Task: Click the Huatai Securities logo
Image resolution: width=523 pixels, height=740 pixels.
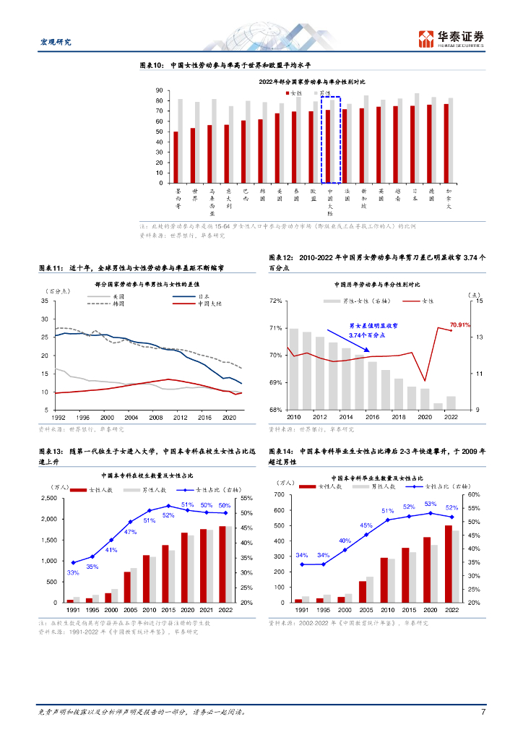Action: click(451, 38)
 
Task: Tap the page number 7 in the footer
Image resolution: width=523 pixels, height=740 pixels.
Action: click(483, 712)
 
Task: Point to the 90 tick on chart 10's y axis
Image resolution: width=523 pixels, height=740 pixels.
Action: click(158, 90)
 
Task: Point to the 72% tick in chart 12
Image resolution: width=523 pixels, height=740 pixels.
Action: click(275, 301)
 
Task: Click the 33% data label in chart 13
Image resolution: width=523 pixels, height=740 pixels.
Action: click(72, 572)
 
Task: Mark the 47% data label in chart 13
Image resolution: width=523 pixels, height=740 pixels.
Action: click(131, 532)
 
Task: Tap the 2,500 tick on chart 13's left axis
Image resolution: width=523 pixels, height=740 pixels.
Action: click(48, 499)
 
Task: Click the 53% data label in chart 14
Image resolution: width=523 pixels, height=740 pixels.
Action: click(430, 504)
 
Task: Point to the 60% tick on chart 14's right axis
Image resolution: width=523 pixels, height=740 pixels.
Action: click(474, 495)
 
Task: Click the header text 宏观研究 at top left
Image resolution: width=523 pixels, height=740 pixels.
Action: click(54, 42)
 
